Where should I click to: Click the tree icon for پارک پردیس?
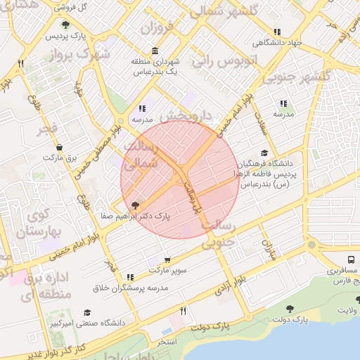(x=65, y=25)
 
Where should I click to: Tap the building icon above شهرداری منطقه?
(x=155, y=52)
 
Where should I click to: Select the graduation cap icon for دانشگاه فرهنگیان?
(x=264, y=153)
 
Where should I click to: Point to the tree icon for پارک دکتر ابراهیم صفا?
(x=135, y=205)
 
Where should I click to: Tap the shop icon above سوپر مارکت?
(x=167, y=259)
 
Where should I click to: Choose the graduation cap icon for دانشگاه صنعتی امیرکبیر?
(x=87, y=313)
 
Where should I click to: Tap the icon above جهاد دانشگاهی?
(x=278, y=32)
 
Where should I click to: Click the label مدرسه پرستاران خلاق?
(x=131, y=288)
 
